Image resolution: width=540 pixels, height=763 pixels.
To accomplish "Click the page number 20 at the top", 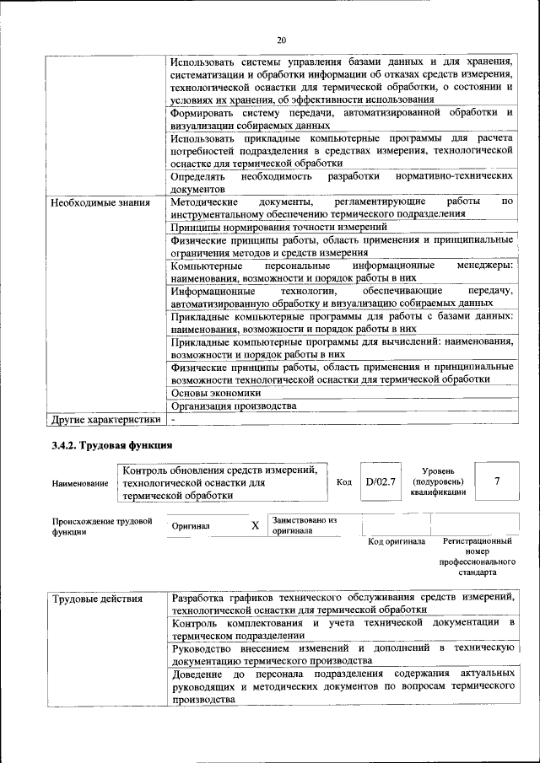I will [x=281, y=39].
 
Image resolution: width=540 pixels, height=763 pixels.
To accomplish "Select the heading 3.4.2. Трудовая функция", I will [x=112, y=445].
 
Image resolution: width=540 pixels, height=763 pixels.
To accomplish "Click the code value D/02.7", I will [x=381, y=481].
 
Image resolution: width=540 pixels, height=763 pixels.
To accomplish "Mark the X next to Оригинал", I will [x=255, y=525].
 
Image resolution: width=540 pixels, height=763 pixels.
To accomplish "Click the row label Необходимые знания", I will [x=100, y=202].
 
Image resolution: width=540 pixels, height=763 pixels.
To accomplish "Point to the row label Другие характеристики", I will [x=105, y=419].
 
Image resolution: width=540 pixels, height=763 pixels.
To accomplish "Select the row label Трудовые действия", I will [x=98, y=599].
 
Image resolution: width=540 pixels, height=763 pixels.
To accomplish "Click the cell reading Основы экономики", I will [x=215, y=393].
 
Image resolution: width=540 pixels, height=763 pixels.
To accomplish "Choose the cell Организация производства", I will [x=233, y=406].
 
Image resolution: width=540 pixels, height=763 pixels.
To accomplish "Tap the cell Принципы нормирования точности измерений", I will [x=278, y=227].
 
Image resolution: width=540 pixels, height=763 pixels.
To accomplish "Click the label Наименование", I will [x=80, y=483].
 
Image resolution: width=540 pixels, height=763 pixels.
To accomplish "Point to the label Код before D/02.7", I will [x=343, y=481].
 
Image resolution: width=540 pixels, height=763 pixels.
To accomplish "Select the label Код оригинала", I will [x=397, y=541].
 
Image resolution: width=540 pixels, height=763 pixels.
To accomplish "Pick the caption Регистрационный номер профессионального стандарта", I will [x=477, y=556].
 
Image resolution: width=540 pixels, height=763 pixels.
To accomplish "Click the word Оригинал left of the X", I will [x=191, y=526].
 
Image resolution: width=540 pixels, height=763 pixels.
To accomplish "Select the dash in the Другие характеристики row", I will [x=173, y=419].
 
